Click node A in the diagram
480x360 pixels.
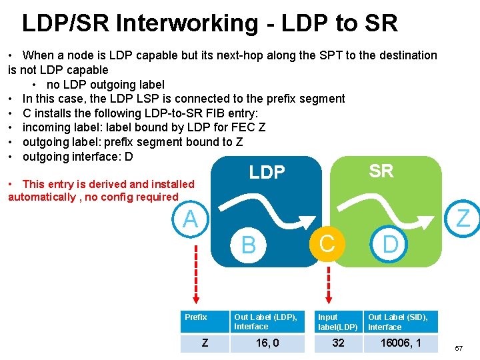pos(191,219)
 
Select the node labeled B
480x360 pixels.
pos(248,245)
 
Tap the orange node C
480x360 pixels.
pos(327,243)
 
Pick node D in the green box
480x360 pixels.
pos(390,245)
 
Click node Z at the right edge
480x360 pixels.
pos(463,219)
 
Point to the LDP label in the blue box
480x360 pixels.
pos(267,173)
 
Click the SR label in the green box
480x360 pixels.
pos(381,171)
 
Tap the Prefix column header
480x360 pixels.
pos(196,317)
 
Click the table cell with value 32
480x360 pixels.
pos(338,343)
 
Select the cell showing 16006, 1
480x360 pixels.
pos(401,343)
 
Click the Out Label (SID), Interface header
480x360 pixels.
pos(398,322)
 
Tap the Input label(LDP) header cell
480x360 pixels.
pos(337,322)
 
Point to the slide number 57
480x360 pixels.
pos(459,349)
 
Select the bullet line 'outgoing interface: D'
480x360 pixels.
pos(78,157)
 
